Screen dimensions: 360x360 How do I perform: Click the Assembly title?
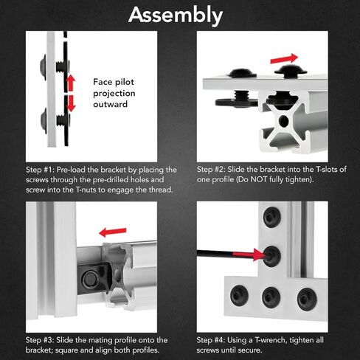coord(176,15)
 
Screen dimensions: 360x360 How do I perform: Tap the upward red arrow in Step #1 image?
coord(71,83)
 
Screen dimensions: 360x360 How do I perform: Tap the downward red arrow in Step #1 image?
coord(71,103)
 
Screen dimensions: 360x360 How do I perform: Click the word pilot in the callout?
coord(125,82)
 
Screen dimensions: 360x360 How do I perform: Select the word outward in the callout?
coord(111,104)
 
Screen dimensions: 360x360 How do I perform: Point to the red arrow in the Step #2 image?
coord(284,59)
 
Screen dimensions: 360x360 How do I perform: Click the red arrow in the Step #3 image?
coord(113,232)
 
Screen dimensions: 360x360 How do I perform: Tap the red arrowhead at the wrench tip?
coord(260,255)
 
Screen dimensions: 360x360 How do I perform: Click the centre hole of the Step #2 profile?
coord(284,121)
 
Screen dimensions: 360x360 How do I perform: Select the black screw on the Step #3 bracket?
coord(90,280)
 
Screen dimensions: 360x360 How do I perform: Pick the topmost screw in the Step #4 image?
coord(272,217)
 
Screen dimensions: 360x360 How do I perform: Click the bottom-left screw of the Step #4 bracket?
coord(239,295)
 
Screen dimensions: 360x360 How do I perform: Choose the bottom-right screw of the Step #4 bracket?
coord(307,299)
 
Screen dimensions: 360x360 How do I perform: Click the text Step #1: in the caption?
coord(40,170)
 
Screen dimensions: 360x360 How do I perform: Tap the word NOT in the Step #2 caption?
coord(259,179)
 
